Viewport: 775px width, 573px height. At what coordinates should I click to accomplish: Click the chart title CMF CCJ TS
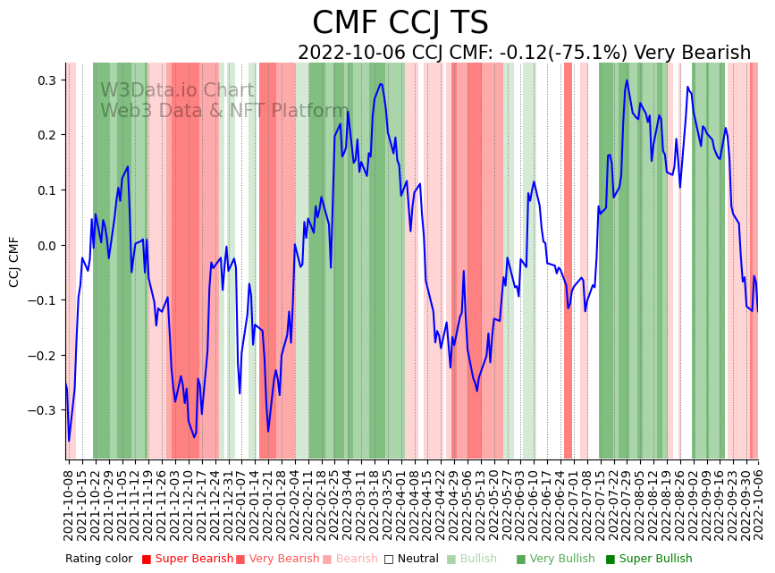[400, 23]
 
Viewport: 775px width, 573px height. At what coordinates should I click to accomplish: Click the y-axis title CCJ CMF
[14, 262]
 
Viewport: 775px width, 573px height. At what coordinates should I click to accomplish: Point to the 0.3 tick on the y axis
[46, 80]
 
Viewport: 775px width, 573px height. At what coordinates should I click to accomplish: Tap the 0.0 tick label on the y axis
[46, 245]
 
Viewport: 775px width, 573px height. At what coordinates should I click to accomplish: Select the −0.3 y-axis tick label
[43, 410]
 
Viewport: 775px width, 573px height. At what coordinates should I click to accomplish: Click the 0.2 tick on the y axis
[46, 135]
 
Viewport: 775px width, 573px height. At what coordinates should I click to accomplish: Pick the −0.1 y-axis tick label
[43, 300]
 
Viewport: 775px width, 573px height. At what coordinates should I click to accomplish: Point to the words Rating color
[98, 559]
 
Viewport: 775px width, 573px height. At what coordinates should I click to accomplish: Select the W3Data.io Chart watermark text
[177, 90]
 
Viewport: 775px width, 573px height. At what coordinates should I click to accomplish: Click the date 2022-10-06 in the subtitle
[352, 54]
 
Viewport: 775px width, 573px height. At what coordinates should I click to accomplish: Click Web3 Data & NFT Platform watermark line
[223, 111]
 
